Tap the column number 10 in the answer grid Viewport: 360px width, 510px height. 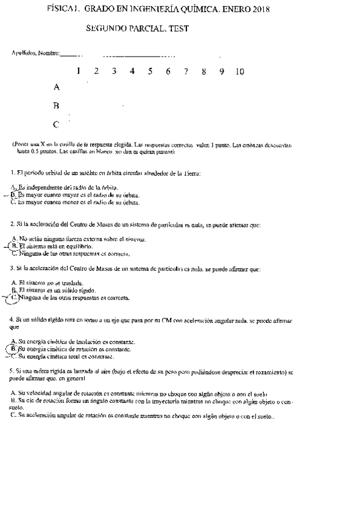point(240,72)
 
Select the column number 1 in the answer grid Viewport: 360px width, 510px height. point(79,72)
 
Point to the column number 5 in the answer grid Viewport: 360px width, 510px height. point(150,72)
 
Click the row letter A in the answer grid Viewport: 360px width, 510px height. point(56,87)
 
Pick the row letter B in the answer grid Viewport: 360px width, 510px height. point(56,106)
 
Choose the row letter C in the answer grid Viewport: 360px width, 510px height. point(56,125)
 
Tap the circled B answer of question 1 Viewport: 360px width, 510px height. point(13,195)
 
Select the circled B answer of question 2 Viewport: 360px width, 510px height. point(14,246)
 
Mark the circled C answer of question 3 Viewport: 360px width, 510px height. point(15,297)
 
